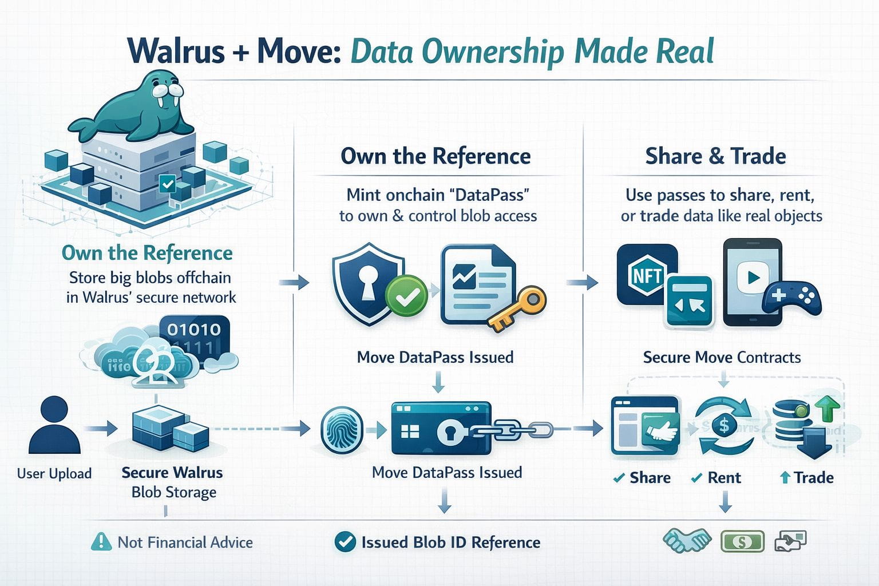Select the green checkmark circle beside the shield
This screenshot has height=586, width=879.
click(406, 295)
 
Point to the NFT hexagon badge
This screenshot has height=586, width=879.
click(647, 275)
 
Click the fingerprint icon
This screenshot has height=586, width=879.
click(342, 429)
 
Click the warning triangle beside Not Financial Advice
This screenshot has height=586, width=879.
click(101, 541)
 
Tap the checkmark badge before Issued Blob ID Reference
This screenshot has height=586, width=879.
click(345, 541)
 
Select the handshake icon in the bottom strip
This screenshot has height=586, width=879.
click(687, 540)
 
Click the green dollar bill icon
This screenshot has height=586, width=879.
click(742, 541)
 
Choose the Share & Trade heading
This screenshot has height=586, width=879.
click(715, 156)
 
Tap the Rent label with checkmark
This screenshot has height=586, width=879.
click(717, 477)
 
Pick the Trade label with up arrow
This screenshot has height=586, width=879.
click(807, 477)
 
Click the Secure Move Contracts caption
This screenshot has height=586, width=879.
click(722, 358)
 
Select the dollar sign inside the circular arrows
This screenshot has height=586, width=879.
click(724, 425)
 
